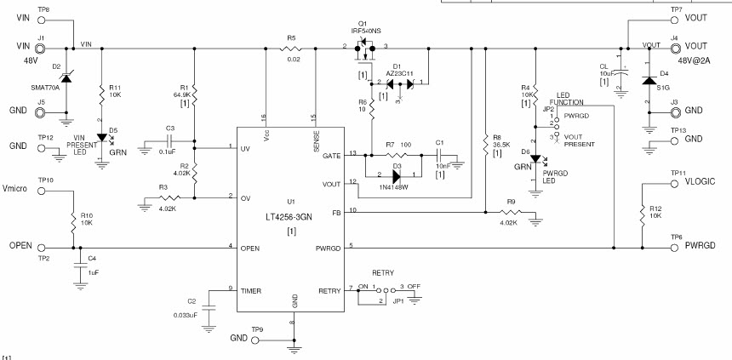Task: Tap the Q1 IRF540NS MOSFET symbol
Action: pyautogui.click(x=364, y=51)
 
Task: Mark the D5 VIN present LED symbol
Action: pyautogui.click(x=102, y=136)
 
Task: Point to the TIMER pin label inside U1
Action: pyautogui.click(x=251, y=290)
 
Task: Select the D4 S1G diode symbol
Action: pyautogui.click(x=649, y=81)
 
